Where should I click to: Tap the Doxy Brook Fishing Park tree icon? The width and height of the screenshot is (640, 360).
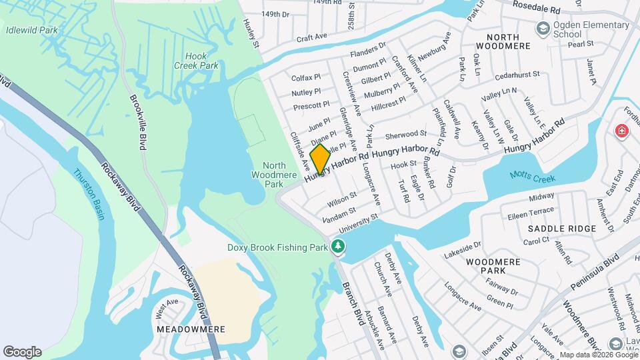tap(339, 247)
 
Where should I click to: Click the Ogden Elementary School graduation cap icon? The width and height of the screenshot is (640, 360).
tap(543, 28)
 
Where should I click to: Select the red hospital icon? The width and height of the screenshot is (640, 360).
tap(622, 131)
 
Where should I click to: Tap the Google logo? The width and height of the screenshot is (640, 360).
tap(22, 352)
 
